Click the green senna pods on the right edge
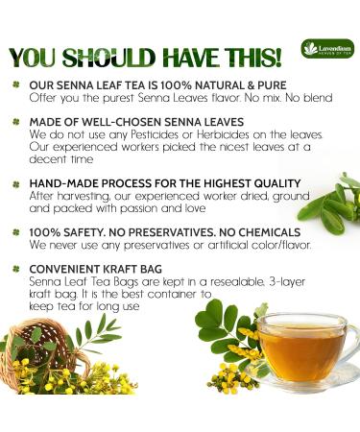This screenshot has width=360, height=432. click(x=331, y=202)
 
